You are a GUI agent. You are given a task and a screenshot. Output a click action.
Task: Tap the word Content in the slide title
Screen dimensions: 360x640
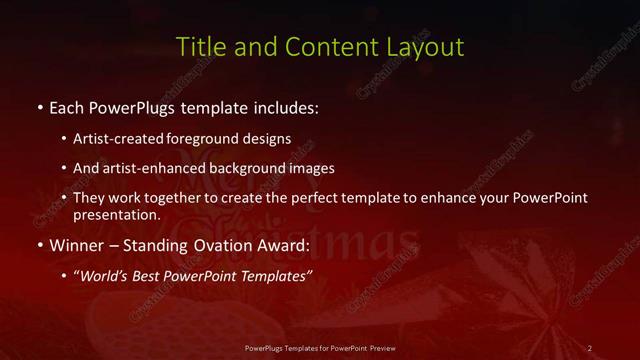(326, 47)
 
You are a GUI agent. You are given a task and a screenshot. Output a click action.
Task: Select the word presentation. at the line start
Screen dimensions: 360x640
(117, 214)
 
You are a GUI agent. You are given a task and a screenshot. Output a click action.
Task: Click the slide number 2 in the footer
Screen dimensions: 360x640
(589, 347)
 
